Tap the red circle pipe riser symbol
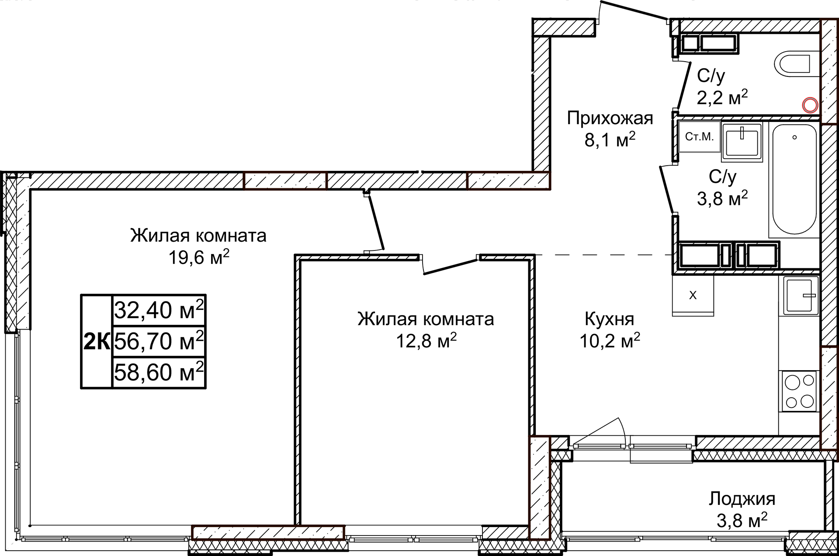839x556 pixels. pos(810,105)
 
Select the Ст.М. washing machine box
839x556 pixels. pos(699,137)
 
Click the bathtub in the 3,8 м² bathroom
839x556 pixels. pos(794,179)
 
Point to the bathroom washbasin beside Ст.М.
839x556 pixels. pos(742,141)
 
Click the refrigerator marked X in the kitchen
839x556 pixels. pos(693,295)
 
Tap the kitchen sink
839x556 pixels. pos(801,295)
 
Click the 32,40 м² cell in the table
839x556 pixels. pos(159,310)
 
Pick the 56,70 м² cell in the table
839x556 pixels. pos(159,341)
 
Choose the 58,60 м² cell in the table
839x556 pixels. pos(159,372)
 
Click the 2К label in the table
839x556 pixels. pos(97,341)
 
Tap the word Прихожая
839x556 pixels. pos(610,118)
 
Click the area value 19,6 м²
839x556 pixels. pos(199,258)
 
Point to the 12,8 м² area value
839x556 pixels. pos(426,341)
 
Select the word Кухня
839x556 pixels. pos(609,319)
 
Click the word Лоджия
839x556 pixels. pos(742,499)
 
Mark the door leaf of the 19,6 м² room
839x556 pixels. pos(376,223)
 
